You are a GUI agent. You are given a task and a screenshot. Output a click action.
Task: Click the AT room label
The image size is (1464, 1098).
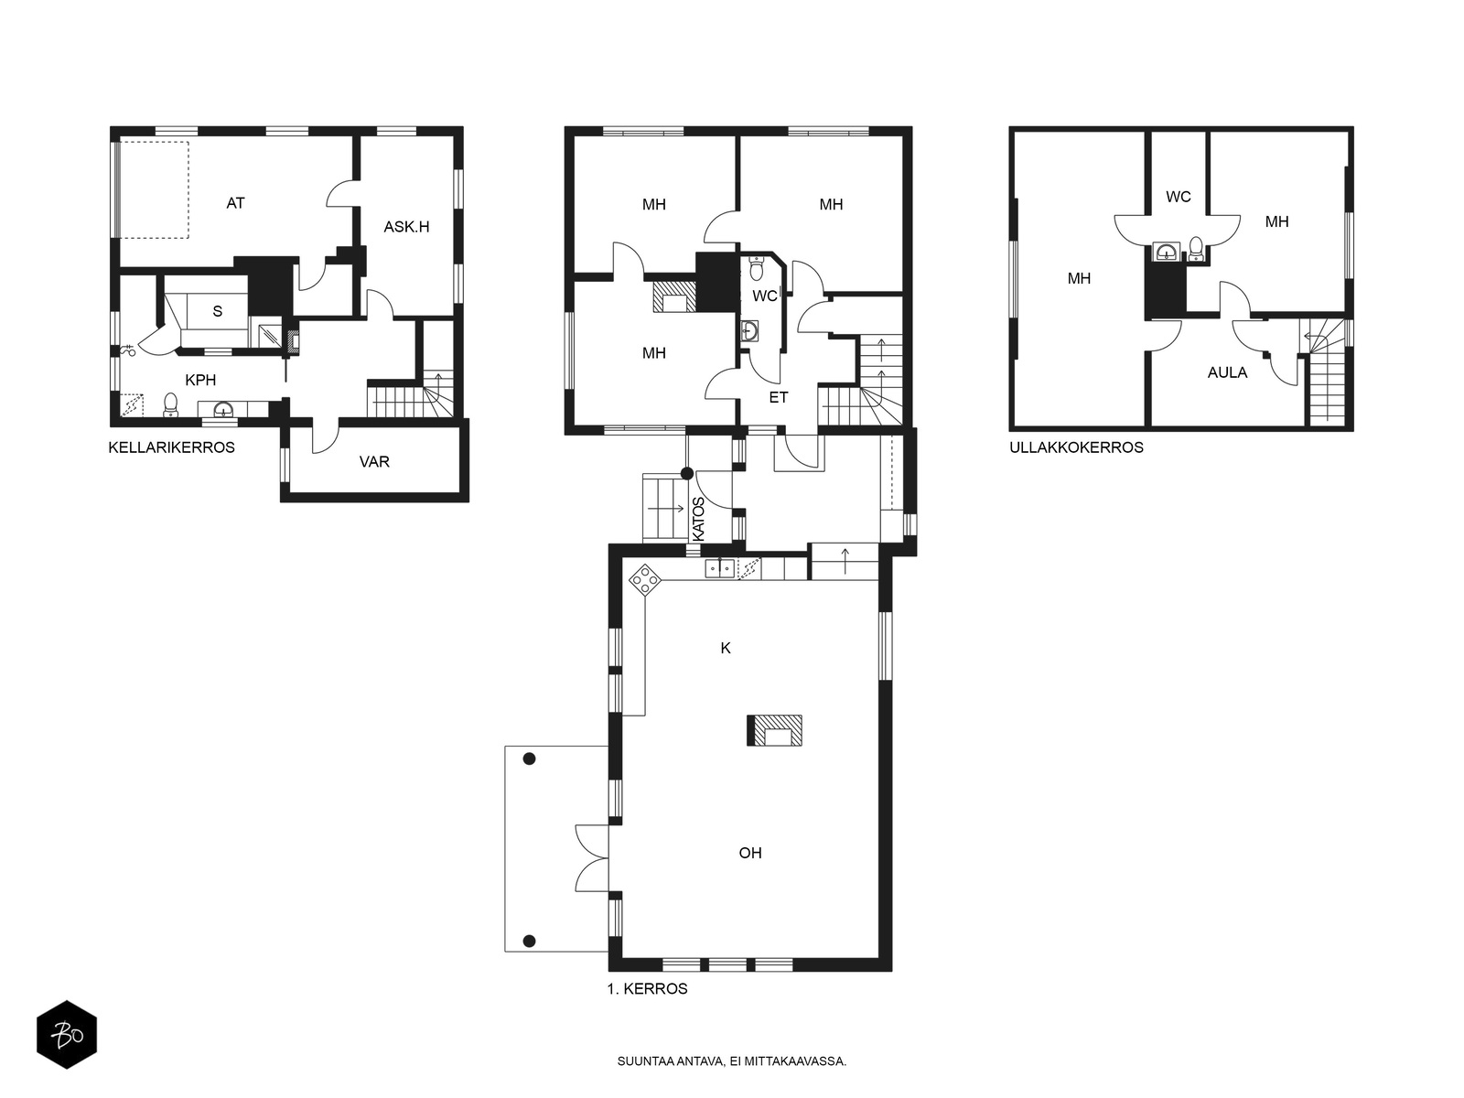click(x=235, y=202)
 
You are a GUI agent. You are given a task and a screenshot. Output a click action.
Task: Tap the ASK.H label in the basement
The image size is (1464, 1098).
click(x=406, y=227)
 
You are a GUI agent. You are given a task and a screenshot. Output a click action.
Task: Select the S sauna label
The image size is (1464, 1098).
click(x=218, y=311)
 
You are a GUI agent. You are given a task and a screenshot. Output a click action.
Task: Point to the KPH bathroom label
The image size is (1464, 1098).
click(x=200, y=380)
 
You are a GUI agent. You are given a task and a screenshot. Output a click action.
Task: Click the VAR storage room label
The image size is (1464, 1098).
click(x=374, y=462)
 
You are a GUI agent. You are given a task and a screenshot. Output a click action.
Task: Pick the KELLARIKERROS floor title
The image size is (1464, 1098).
click(x=171, y=447)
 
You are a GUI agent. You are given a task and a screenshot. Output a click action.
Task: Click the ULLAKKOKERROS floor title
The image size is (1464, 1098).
click(x=1076, y=447)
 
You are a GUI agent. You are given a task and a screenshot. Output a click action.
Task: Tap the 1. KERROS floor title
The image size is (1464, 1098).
click(x=647, y=989)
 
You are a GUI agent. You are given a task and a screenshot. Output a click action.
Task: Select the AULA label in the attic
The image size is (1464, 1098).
click(x=1227, y=372)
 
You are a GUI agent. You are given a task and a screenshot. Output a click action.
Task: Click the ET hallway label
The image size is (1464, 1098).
click(x=779, y=398)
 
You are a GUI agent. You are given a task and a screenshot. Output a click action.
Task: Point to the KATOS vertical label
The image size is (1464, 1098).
click(x=698, y=520)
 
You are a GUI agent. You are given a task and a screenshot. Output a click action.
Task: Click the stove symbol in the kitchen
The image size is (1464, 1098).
click(x=645, y=578)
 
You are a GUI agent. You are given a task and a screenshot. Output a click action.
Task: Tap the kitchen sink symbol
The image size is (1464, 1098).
click(x=720, y=568)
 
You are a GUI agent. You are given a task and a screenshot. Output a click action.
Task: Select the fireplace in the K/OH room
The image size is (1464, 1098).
click(x=774, y=730)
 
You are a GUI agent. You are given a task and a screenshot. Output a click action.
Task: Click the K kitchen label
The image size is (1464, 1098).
click(x=726, y=648)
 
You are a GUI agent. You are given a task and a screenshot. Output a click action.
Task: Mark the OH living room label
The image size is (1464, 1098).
click(x=750, y=853)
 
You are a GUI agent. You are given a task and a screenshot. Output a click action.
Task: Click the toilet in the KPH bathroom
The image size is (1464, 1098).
click(x=171, y=404)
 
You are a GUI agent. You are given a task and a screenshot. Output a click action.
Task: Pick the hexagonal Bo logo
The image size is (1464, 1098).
click(x=67, y=1035)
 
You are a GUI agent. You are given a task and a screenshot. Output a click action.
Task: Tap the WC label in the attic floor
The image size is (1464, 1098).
click(x=1178, y=198)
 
